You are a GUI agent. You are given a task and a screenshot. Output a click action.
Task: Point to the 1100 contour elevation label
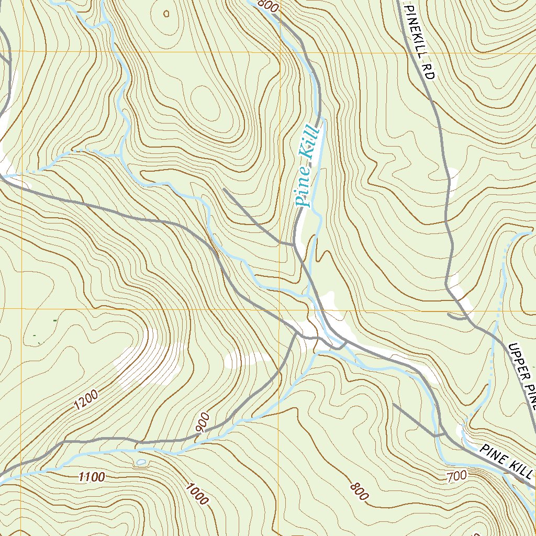[x=92, y=476]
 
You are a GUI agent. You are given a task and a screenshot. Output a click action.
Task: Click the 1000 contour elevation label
[x=196, y=494]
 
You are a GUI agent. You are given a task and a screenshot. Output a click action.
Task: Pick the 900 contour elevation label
[x=203, y=422]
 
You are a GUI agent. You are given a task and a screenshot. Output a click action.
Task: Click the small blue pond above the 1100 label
[x=141, y=462]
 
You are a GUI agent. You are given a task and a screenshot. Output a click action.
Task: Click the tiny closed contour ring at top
[x=166, y=14]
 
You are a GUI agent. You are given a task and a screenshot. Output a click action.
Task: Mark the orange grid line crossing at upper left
[x=23, y=51]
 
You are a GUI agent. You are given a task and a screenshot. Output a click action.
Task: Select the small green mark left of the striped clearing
[x=55, y=320]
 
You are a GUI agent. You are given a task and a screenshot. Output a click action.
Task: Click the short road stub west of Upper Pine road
[x=457, y=316]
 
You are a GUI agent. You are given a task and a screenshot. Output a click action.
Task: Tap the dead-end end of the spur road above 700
[x=394, y=404]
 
